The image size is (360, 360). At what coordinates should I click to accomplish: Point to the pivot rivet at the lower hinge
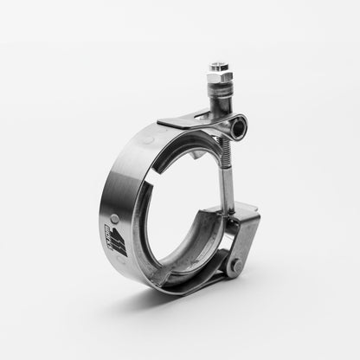click(x=233, y=266)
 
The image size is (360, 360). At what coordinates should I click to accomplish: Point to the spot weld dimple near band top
click(x=149, y=138)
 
